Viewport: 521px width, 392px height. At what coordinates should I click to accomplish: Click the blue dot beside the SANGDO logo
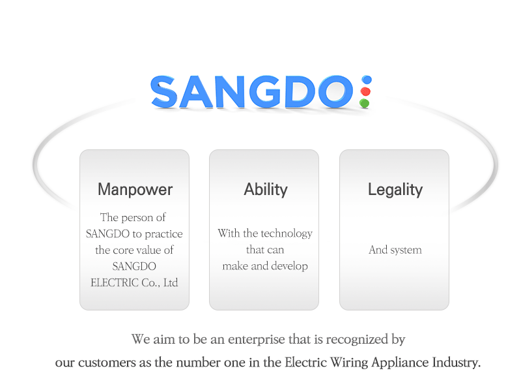367,80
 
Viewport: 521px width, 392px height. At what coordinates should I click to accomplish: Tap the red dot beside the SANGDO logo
365,91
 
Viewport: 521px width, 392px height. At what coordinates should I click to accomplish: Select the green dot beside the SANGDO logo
364,103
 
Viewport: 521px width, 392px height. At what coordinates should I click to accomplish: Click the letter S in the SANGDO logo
164,91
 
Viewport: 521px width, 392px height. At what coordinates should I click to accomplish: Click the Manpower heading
135,189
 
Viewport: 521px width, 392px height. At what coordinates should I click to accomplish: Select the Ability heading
266,190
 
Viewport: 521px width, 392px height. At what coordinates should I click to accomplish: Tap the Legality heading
395,190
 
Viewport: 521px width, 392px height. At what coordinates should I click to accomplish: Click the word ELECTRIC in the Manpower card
115,282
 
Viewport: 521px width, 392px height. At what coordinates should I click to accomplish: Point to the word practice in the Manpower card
164,234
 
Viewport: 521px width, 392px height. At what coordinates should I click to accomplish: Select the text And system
395,250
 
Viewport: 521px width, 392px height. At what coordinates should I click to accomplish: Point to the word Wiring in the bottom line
349,363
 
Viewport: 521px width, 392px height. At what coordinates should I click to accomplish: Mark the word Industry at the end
455,363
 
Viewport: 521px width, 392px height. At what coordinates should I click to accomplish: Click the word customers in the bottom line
107,363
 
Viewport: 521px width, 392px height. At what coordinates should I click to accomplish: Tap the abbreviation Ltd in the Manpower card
171,282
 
